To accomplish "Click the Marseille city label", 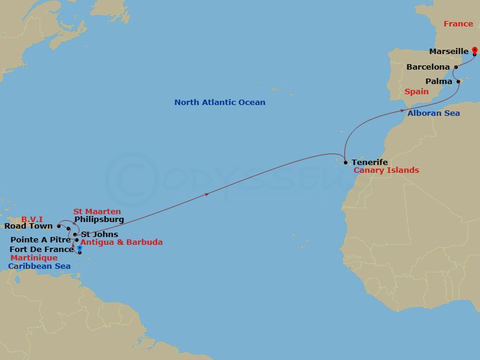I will pyautogui.click(x=449, y=52).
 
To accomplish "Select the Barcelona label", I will pyautogui.click(x=428, y=67).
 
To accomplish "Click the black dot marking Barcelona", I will pyautogui.click(x=456, y=67).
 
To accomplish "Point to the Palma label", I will pyautogui.click(x=439, y=81).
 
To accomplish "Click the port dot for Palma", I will pyautogui.click(x=458, y=82).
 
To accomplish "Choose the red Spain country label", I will pyautogui.click(x=416, y=92).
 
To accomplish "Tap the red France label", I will pyautogui.click(x=458, y=24).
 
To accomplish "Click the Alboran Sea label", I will pyautogui.click(x=433, y=113).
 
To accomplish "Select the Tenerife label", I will pyautogui.click(x=370, y=162).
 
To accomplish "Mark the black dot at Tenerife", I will pyautogui.click(x=346, y=162).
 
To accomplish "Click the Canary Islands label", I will pyautogui.click(x=386, y=170).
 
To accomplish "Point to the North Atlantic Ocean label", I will pyautogui.click(x=220, y=103).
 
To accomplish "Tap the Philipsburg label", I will pyautogui.click(x=99, y=220).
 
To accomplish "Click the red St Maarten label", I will pyautogui.click(x=97, y=211).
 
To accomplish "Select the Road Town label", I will pyautogui.click(x=28, y=226).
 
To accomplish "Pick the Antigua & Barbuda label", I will pyautogui.click(x=121, y=242).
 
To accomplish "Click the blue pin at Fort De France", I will pyautogui.click(x=79, y=249).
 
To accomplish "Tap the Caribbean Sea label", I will pyautogui.click(x=39, y=266).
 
